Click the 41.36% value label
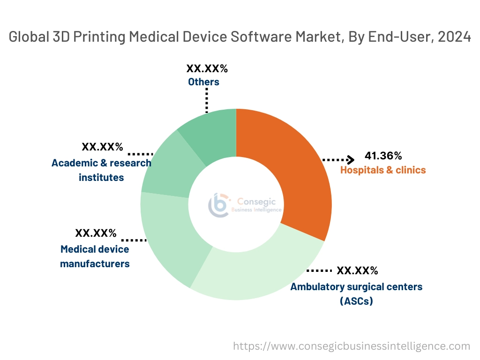383,156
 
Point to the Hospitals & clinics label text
383,170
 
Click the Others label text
203,82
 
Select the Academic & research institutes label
101,170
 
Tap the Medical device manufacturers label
95,256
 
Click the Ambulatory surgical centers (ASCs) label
356,293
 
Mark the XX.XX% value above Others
207,69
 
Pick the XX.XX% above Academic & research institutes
102,147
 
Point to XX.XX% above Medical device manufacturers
96,233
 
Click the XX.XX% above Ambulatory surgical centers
357,270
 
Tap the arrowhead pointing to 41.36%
350,159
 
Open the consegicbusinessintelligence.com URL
352,346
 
